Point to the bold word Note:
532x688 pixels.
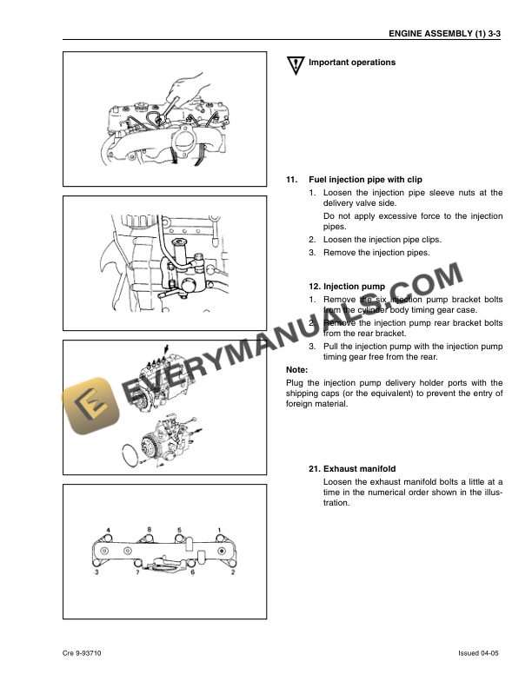tap(297, 369)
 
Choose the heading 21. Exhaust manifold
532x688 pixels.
tap(358, 469)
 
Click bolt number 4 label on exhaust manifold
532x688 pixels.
tap(109, 530)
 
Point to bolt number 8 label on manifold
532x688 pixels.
tap(149, 530)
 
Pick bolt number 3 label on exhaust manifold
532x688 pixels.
tap(96, 573)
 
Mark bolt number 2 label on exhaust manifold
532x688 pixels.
tap(233, 573)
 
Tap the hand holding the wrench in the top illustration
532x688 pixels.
tap(186, 87)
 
